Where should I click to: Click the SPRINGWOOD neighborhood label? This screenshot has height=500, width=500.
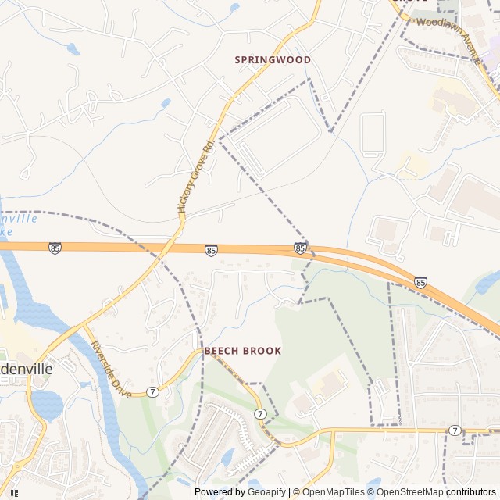(x=273, y=60)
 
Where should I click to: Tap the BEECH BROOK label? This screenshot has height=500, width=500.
(x=242, y=352)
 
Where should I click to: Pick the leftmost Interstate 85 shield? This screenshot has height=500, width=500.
(x=54, y=248)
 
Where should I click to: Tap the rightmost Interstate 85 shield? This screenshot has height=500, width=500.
(x=421, y=281)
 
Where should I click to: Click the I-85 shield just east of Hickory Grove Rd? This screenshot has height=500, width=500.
(x=211, y=250)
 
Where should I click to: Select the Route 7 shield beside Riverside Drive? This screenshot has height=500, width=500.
(x=152, y=391)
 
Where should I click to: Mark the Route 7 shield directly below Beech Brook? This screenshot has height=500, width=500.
(x=260, y=412)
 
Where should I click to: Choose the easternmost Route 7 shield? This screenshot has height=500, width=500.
(x=455, y=430)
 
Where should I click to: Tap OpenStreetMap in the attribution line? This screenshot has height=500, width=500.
(x=406, y=492)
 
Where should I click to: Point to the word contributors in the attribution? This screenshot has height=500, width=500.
(x=471, y=492)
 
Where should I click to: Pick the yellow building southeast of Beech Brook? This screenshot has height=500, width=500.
(x=330, y=383)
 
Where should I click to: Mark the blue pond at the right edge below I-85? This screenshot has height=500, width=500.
(x=488, y=283)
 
